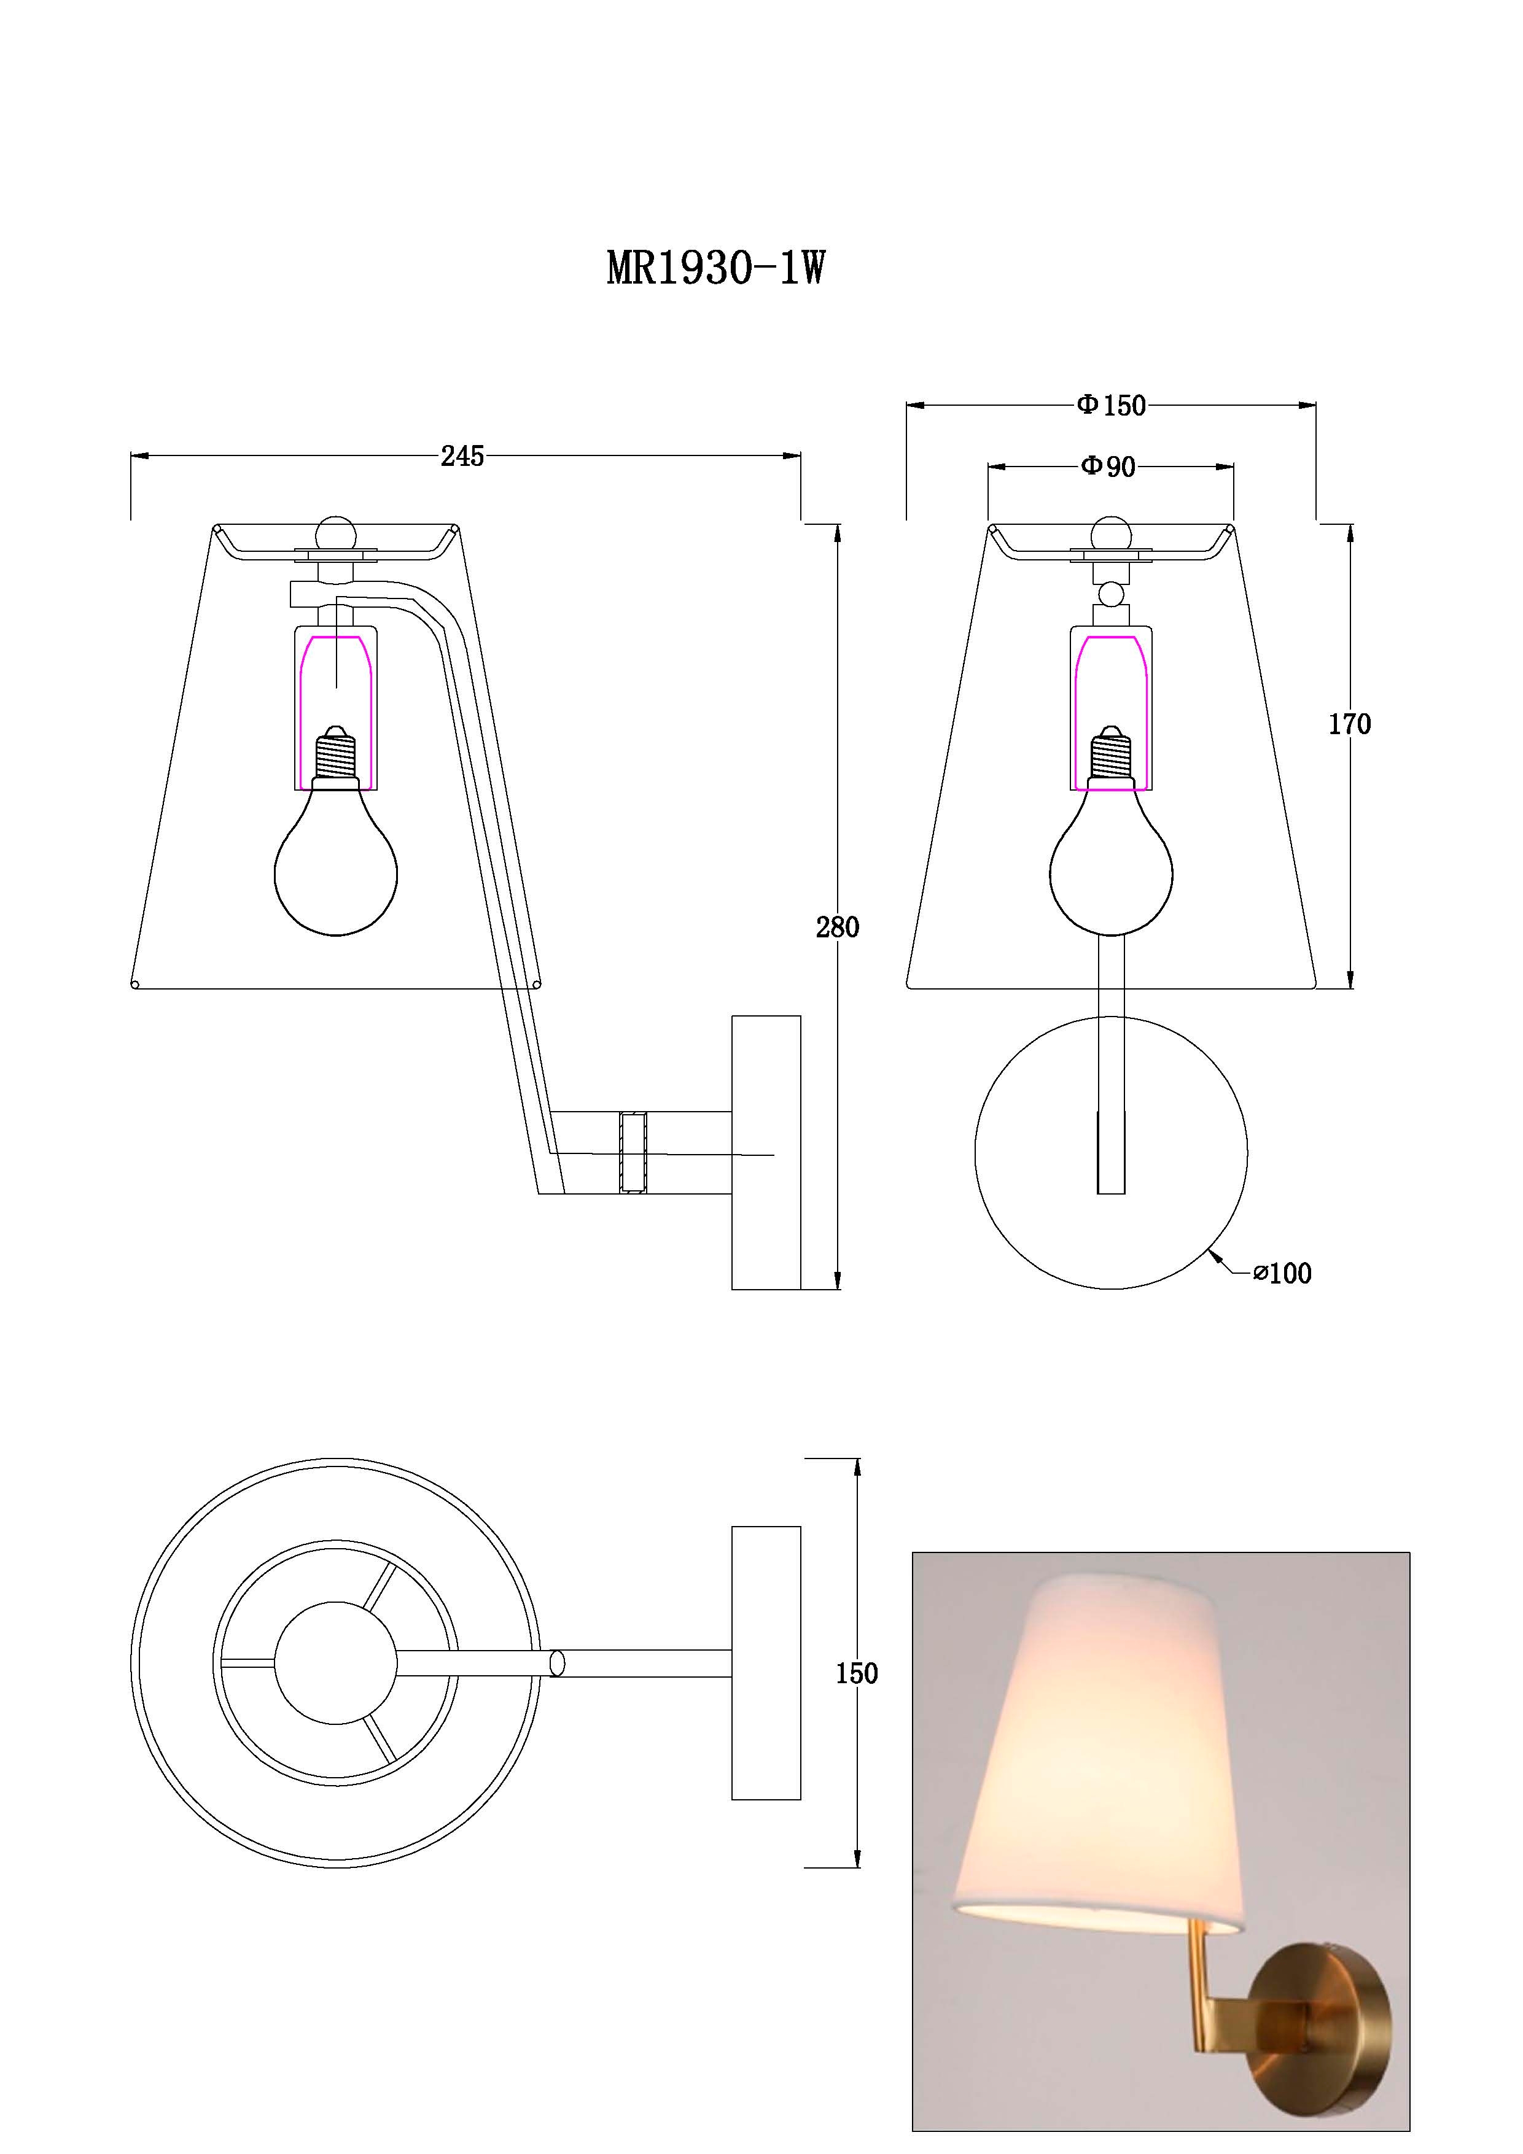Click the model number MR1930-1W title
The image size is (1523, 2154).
point(716,268)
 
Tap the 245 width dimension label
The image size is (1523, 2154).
point(462,456)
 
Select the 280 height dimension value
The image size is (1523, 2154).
point(837,927)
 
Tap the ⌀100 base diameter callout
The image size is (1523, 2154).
point(1283,1273)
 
